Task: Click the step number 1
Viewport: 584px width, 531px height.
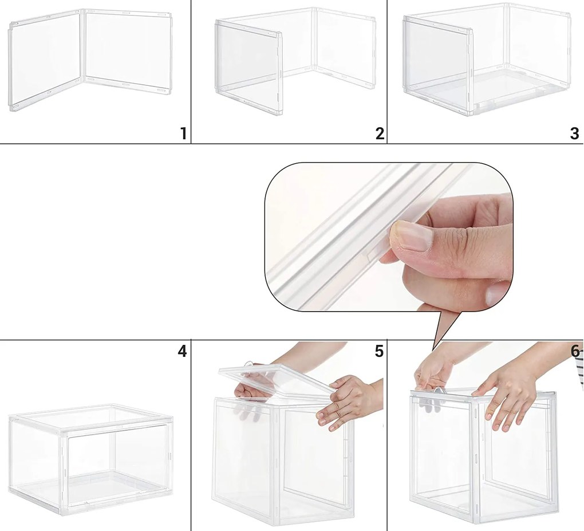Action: tap(183, 133)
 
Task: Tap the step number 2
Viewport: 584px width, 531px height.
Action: tap(380, 133)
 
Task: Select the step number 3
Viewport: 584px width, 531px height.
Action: tap(575, 133)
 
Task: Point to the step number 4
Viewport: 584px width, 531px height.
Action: tap(181, 351)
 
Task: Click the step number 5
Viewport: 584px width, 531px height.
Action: tap(379, 351)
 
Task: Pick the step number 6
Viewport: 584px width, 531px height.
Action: tap(575, 351)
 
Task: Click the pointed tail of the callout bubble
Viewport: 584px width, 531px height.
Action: tap(433, 350)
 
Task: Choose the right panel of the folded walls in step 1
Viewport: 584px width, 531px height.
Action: tap(127, 52)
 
